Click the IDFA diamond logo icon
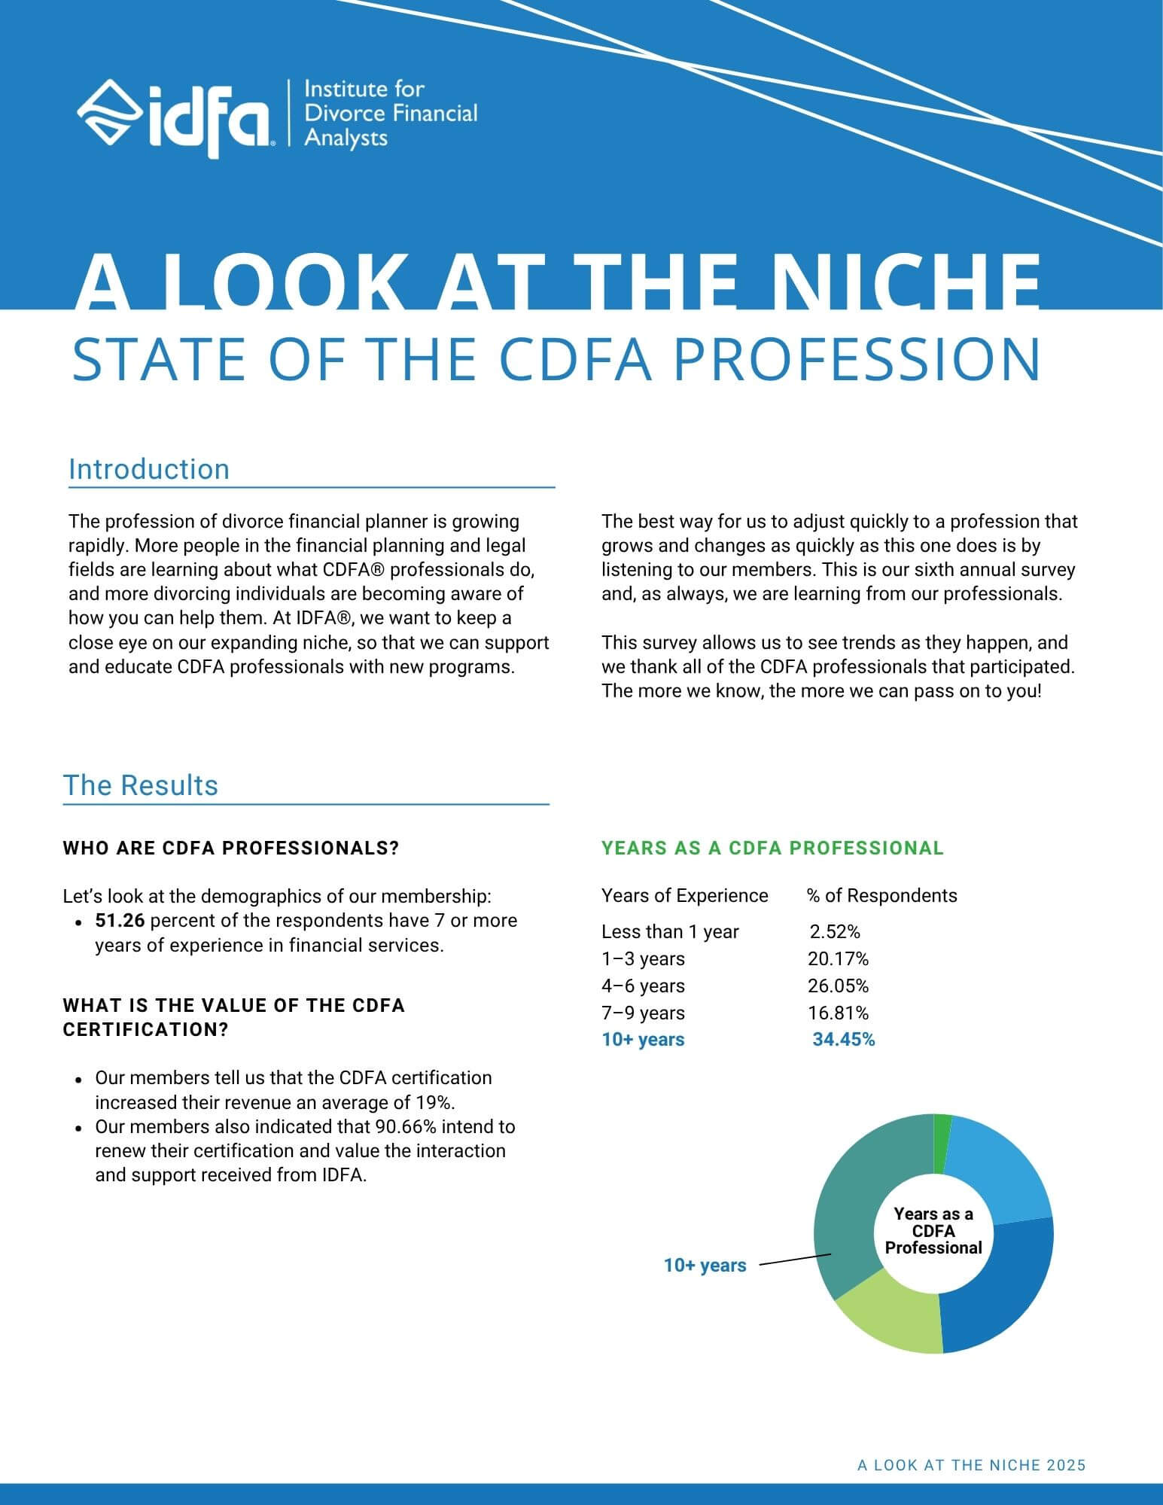coord(111,114)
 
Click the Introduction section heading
coord(149,469)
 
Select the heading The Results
coord(141,785)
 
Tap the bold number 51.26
coord(120,921)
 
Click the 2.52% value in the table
coord(835,931)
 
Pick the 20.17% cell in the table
coord(838,958)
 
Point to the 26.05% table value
coord(838,986)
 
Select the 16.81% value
coord(838,1013)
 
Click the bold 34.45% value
coord(844,1040)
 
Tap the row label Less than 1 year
coord(670,931)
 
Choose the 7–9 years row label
coord(643,1013)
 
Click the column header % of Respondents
coord(882,895)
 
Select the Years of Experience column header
coord(684,895)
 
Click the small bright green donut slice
coord(942,1144)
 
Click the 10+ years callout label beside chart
coord(705,1266)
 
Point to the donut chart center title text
coord(933,1231)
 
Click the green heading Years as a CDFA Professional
coord(772,848)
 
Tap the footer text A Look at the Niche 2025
coord(972,1465)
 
